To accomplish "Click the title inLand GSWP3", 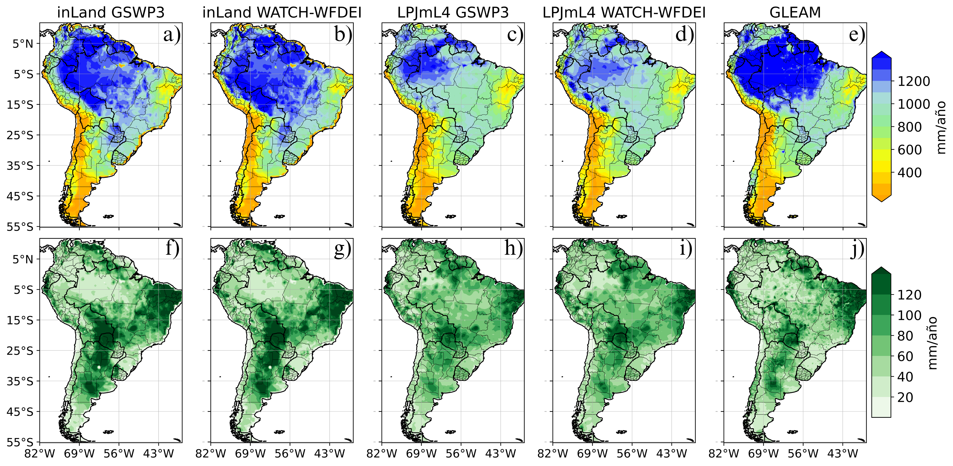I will click(x=111, y=13).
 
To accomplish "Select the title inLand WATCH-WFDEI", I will click(x=282, y=13).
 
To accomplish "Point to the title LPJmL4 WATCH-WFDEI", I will click(x=624, y=13).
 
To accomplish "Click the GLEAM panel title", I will click(x=795, y=13).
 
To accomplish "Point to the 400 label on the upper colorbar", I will click(x=910, y=173).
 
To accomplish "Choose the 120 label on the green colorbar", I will click(x=910, y=295).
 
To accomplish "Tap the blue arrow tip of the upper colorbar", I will click(x=881, y=54).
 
